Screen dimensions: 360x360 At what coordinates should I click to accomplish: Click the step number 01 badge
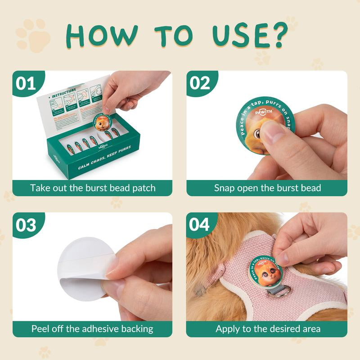[x=26, y=83]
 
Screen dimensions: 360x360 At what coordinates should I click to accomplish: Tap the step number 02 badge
[x=200, y=83]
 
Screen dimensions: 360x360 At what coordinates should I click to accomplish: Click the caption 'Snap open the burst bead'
[x=267, y=188]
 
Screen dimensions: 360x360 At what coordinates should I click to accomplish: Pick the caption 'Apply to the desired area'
[x=267, y=328]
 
